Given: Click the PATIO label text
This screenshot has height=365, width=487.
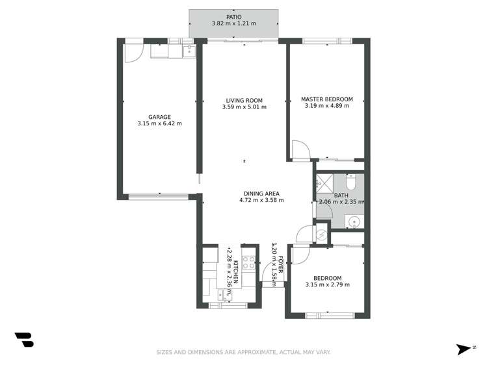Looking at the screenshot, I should pyautogui.click(x=233, y=17).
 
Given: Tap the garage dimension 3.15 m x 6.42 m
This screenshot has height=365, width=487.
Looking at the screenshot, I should pyautogui.click(x=159, y=123).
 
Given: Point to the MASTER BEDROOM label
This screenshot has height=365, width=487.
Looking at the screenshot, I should pyautogui.click(x=326, y=99).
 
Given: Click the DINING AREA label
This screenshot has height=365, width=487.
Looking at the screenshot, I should pyautogui.click(x=261, y=194).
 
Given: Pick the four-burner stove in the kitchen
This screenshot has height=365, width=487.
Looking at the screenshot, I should pyautogui.click(x=248, y=263).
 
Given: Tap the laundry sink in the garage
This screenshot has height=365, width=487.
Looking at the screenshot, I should pyautogui.click(x=189, y=51).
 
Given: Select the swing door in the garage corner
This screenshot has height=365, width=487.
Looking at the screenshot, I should pyautogui.click(x=133, y=53).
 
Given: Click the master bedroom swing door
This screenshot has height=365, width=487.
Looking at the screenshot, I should pyautogui.click(x=300, y=151).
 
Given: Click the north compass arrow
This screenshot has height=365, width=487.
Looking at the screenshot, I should pyautogui.click(x=464, y=349).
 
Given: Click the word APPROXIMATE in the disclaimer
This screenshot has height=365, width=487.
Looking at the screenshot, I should pyautogui.click(x=252, y=353).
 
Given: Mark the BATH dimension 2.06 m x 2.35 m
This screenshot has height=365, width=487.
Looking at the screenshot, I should pyautogui.click(x=341, y=202).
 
